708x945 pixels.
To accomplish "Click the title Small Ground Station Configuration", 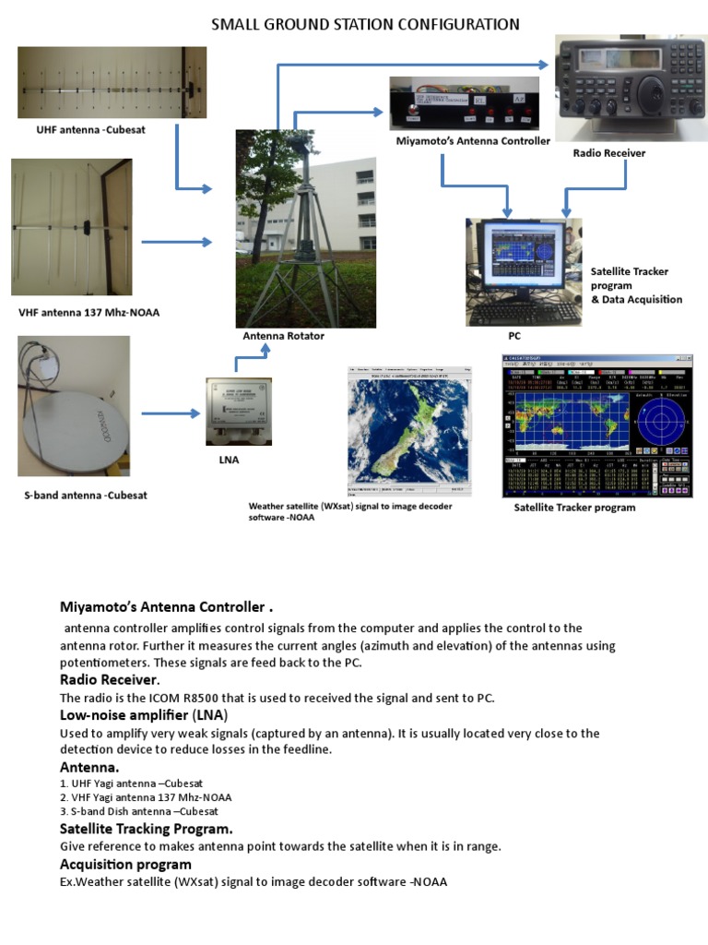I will (x=365, y=25).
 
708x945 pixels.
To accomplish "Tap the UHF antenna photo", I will (x=112, y=83).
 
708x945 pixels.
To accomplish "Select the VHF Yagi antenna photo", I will (x=71, y=227).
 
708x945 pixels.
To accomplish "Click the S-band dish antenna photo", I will (x=74, y=407).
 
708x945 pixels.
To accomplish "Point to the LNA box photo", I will (x=236, y=411).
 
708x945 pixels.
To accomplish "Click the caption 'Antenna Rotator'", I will (x=283, y=337).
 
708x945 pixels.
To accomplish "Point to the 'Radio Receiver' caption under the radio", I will (x=608, y=153).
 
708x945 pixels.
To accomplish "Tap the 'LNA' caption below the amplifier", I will (x=228, y=461).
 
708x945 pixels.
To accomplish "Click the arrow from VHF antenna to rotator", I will (x=176, y=242).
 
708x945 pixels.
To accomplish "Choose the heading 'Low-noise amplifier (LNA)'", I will (x=144, y=715).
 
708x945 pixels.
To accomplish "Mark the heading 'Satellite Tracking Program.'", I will (x=146, y=829).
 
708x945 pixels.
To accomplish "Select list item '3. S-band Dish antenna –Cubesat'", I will (x=139, y=811).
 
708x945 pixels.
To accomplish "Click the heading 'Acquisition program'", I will (x=125, y=864).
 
